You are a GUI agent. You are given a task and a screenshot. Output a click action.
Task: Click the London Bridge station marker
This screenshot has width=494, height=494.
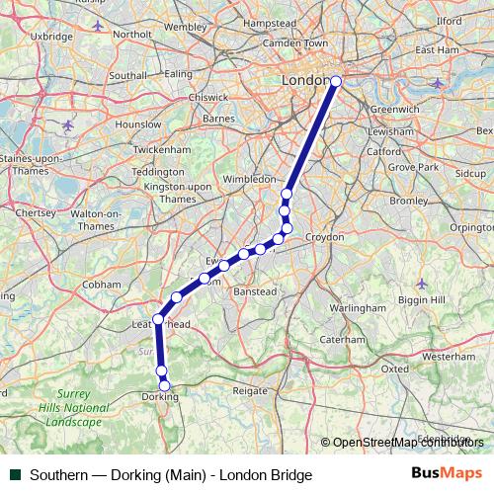[x=336, y=82]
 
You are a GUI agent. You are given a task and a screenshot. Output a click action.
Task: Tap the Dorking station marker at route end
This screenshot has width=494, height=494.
[x=165, y=385]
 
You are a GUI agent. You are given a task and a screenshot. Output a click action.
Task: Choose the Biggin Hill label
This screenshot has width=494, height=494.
[x=424, y=299]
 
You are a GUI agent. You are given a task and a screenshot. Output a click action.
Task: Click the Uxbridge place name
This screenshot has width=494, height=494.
[x=52, y=36]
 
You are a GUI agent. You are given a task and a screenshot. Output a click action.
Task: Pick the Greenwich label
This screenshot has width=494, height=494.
[x=395, y=109]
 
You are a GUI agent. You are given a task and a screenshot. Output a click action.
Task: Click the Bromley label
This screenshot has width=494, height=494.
[x=408, y=201]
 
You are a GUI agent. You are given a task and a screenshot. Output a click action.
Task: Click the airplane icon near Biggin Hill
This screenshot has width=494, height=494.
[x=423, y=284]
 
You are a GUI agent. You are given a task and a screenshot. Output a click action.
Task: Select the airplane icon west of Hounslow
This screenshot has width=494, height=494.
[x=67, y=125]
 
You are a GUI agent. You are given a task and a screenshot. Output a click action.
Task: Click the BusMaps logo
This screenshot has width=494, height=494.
[x=447, y=474]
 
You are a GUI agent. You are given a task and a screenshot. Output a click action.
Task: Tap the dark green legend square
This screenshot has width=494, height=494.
[x=16, y=475]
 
